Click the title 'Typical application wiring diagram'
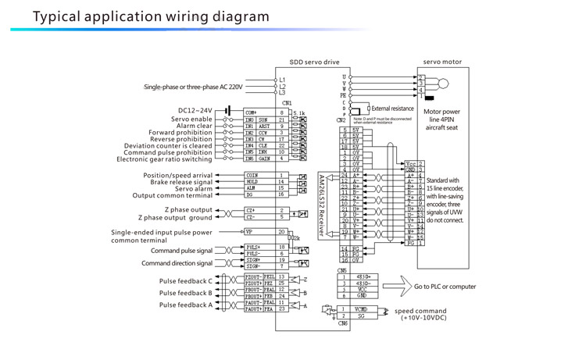140,16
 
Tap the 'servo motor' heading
442,62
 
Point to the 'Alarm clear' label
195,126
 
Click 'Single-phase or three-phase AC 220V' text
193,87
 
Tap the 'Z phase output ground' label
180,217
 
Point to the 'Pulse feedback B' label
185,293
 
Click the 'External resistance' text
391,109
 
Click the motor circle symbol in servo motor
443,83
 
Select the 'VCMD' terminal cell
359,309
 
